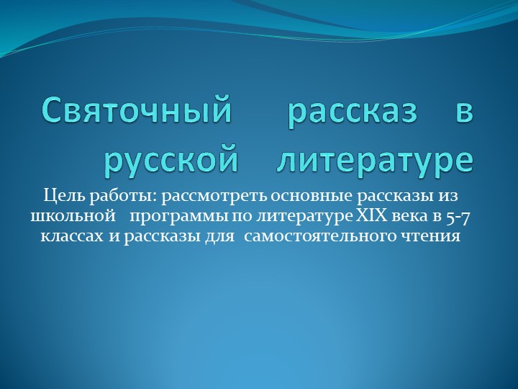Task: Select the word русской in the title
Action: pos(171,159)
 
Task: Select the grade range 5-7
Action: pos(458,215)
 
